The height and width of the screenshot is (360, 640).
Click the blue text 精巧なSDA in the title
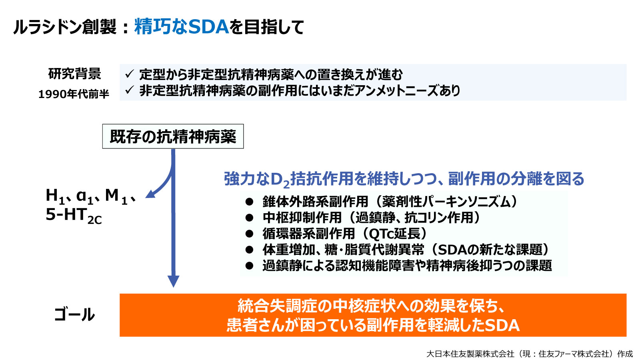coord(181,27)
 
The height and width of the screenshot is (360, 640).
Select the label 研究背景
coord(74,74)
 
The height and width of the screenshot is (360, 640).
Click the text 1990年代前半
coord(74,94)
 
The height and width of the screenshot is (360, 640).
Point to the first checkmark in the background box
coord(129,74)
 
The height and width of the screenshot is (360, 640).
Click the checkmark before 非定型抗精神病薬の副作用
coord(129,90)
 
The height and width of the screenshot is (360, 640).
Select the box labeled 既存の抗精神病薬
coord(173,136)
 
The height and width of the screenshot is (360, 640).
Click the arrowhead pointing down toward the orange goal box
coord(173,281)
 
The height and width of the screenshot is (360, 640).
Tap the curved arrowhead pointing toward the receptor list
coord(150,194)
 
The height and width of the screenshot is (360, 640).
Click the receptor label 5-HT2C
coord(74,216)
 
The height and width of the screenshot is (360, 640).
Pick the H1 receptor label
coord(55,196)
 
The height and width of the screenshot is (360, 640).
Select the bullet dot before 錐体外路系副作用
coord(249,202)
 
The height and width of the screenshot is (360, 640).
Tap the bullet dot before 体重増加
coord(249,250)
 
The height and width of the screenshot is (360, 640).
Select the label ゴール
coord(74,315)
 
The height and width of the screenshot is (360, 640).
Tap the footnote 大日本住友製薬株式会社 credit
coord(470,354)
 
